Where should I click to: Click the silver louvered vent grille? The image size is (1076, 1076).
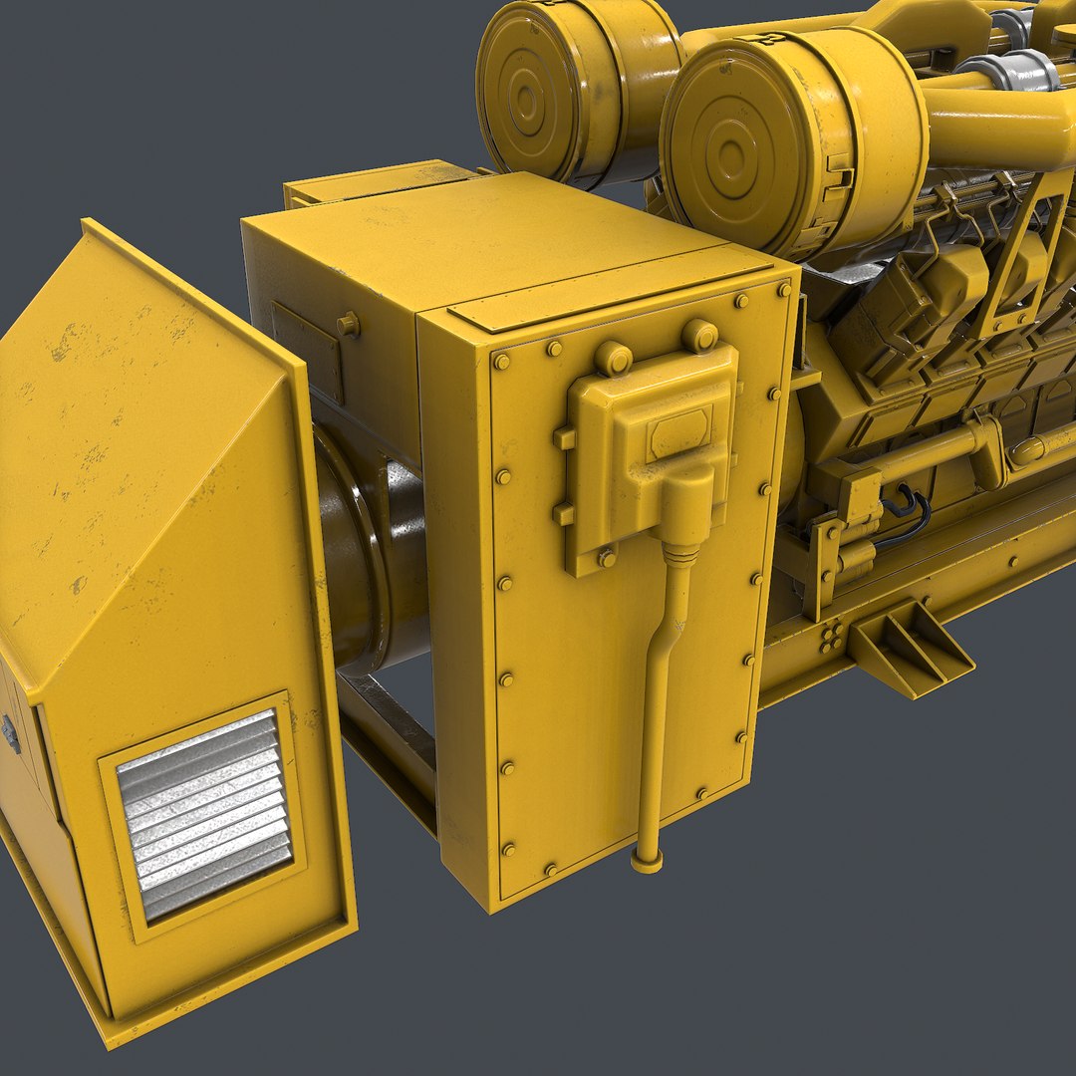point(204,813)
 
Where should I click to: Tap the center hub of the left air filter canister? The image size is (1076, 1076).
point(526,101)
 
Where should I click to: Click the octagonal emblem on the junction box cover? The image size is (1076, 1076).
point(679,434)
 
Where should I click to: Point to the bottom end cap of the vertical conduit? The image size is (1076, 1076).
point(647,862)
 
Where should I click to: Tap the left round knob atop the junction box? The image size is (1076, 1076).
point(613,358)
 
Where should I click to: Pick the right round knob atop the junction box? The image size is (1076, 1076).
point(699,336)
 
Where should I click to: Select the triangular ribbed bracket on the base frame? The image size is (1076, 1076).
point(909,648)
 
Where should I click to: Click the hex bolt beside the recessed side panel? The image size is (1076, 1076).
point(348,325)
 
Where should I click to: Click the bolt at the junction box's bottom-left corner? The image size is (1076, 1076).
point(606,559)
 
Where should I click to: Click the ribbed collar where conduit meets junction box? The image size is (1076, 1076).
point(680,554)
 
